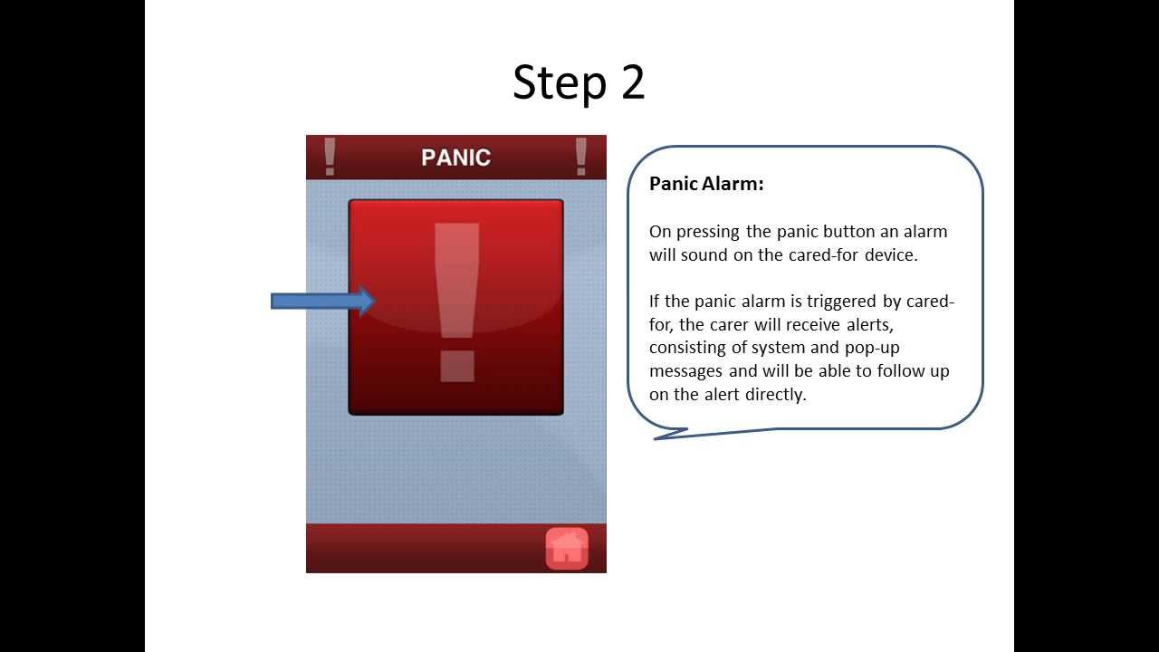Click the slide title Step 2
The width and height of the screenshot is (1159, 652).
(579, 82)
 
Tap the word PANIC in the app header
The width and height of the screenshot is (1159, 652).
(455, 158)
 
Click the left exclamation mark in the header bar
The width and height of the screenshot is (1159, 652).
(330, 157)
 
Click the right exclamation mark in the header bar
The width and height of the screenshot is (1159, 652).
(580, 157)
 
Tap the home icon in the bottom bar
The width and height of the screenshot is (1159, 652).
(567, 548)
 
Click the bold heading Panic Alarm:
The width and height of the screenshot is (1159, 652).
(706, 184)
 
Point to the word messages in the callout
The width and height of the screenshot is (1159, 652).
(685, 371)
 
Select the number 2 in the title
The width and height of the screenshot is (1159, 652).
(633, 82)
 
